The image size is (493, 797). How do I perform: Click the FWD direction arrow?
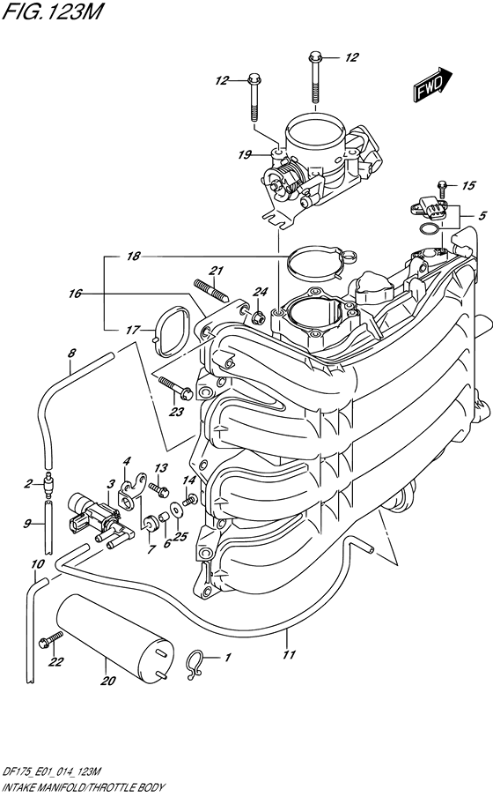pyautogui.click(x=432, y=85)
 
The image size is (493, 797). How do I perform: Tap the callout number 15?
pyautogui.click(x=468, y=185)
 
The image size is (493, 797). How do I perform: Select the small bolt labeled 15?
pyautogui.click(x=442, y=189)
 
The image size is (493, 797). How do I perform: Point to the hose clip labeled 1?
pyautogui.click(x=195, y=664)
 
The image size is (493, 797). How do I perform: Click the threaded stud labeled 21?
pyautogui.click(x=211, y=291)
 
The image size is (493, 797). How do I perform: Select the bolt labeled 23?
pyautogui.click(x=175, y=387)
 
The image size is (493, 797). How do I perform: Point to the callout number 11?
pyautogui.click(x=289, y=654)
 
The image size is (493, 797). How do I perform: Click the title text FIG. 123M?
pyautogui.click(x=52, y=11)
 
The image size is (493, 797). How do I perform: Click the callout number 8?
pyautogui.click(x=71, y=353)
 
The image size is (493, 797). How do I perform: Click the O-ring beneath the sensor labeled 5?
pyautogui.click(x=430, y=230)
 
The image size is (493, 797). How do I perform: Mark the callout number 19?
pyautogui.click(x=246, y=154)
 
